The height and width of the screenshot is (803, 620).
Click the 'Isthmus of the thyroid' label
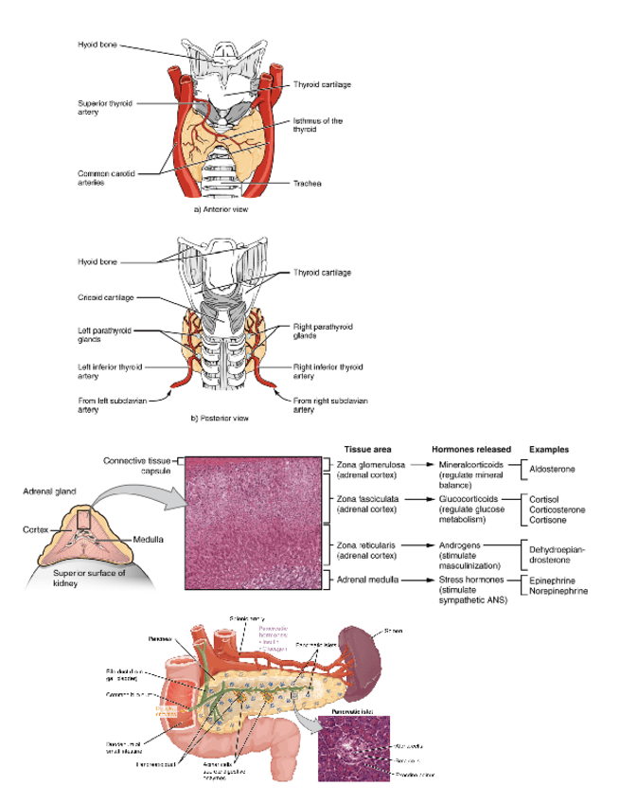point(317,126)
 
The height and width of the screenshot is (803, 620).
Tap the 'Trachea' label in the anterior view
point(309,184)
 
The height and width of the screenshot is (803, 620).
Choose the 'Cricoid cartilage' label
point(101,297)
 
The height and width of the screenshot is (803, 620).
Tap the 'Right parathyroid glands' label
point(323,330)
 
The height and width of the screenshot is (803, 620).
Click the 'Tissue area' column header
point(367,449)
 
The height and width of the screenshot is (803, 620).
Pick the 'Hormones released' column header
point(470,449)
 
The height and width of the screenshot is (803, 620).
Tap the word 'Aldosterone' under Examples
point(554,469)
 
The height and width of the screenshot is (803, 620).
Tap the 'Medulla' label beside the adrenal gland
point(149,538)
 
